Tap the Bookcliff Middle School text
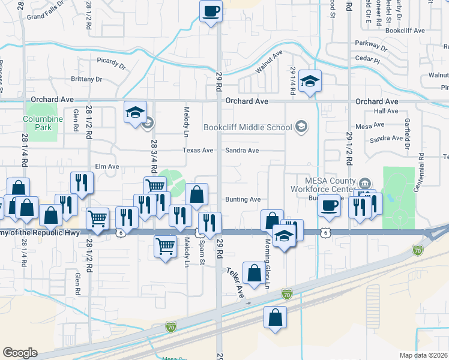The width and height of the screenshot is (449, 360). pos(247,127)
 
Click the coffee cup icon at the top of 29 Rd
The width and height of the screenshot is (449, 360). pos(211,11)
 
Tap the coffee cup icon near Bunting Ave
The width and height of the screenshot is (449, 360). pos(329,205)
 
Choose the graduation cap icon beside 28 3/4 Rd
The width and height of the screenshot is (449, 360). pos(135,112)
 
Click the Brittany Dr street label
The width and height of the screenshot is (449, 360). pos(86,79)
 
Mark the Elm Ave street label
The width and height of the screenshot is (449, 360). pos(107,166)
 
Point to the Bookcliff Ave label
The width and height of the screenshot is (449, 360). pos(406,30)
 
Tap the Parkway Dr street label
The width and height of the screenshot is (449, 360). pos(371,44)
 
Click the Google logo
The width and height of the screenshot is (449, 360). pos(20,353)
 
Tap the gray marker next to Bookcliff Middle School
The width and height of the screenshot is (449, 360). pos(301,127)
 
